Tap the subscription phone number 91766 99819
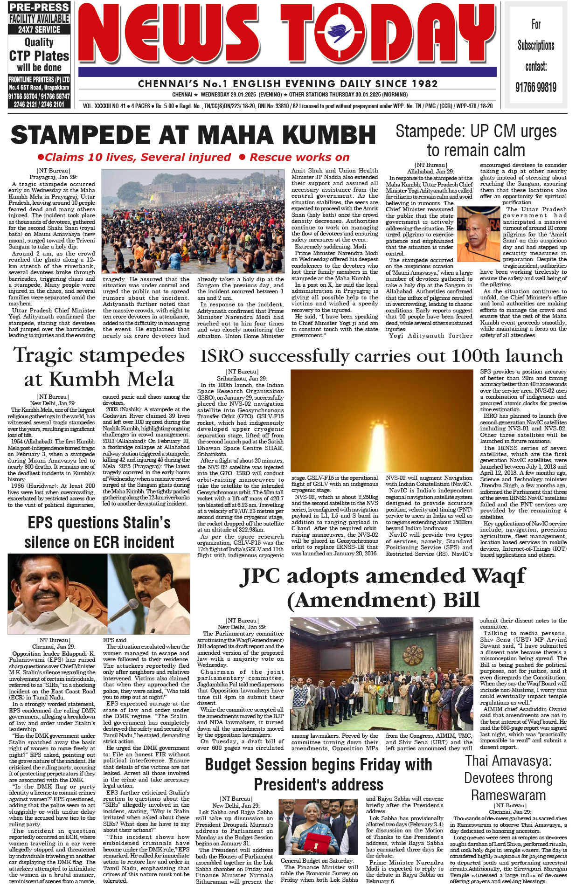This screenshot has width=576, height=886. (536, 87)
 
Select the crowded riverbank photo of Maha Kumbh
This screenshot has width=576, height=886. (193, 221)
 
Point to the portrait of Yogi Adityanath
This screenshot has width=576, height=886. (478, 234)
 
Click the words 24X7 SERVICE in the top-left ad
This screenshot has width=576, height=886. (39, 29)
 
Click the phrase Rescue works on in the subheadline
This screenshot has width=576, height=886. (299, 157)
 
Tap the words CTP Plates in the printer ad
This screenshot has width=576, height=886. (39, 56)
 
